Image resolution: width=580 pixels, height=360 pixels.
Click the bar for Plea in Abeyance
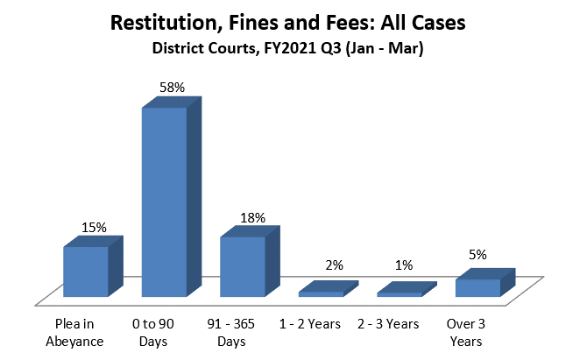(85, 272)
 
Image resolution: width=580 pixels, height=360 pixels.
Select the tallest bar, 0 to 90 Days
(164, 201)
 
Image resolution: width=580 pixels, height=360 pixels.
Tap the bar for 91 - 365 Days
(242, 266)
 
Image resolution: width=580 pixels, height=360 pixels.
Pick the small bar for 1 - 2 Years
(321, 293)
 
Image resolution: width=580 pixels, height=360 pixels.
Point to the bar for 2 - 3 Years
(400, 294)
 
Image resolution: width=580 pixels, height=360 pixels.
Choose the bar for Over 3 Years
(477, 287)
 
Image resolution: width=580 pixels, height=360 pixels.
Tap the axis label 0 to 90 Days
(159, 332)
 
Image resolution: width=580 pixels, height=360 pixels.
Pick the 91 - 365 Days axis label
(237, 332)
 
